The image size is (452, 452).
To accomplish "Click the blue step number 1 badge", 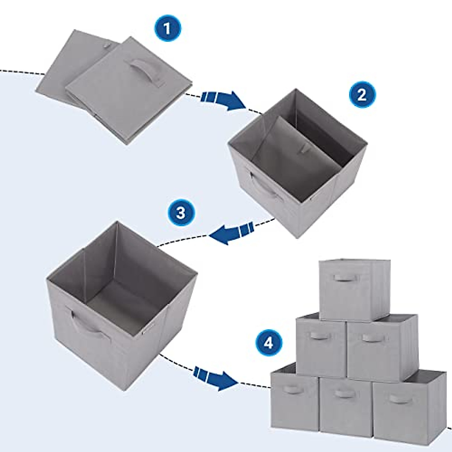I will point(168,29).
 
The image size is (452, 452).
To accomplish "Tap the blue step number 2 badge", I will point(362,94).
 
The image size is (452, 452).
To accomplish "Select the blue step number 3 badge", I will point(181,213).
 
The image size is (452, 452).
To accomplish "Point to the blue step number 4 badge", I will point(268,343).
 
